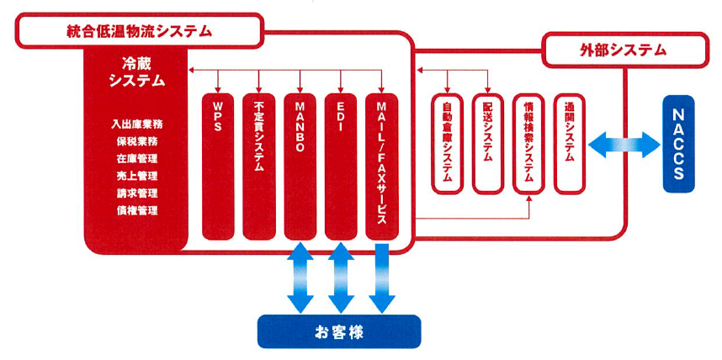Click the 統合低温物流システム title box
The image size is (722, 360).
pyautogui.click(x=139, y=32)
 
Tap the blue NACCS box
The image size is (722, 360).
pyautogui.click(x=688, y=144)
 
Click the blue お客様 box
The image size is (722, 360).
pyautogui.click(x=339, y=331)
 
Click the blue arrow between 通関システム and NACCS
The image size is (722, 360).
pyautogui.click(x=624, y=144)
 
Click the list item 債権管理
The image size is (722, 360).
pyautogui.click(x=137, y=210)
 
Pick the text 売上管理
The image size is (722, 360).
pyautogui.click(x=137, y=176)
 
